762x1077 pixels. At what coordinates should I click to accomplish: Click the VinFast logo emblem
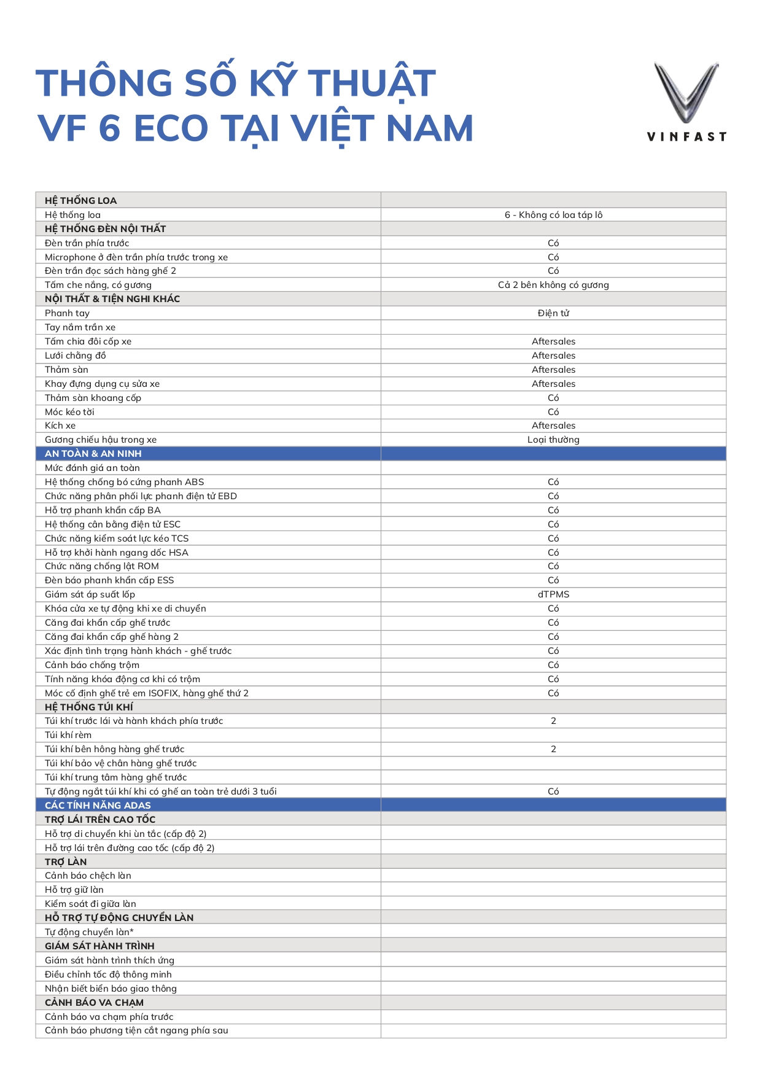[x=686, y=92]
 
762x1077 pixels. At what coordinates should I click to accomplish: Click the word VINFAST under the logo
[x=686, y=137]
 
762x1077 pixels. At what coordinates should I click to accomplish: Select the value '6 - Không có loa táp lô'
[x=553, y=215]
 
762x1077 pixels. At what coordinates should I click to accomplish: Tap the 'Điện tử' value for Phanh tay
[x=553, y=313]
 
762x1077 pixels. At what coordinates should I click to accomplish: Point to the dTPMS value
[x=553, y=594]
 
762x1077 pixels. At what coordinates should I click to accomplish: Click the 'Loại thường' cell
[x=553, y=440]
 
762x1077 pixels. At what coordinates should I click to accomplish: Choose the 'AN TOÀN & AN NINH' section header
[x=93, y=454]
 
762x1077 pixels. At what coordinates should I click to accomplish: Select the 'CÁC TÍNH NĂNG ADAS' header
[x=98, y=806]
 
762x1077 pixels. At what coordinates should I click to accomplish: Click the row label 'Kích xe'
[x=60, y=426]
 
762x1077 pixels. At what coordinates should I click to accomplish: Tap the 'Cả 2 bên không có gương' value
[x=553, y=285]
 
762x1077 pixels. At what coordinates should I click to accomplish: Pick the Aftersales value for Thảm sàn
[x=553, y=370]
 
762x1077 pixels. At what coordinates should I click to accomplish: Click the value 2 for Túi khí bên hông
[x=553, y=749]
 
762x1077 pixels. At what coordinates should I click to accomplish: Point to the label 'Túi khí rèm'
[x=68, y=735]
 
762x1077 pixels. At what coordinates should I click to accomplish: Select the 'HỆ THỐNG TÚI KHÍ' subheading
[x=88, y=707]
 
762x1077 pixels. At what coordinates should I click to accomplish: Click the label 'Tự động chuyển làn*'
[x=89, y=932]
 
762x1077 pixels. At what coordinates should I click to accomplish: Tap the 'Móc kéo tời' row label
[x=69, y=412]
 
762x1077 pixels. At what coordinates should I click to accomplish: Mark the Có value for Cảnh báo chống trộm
[x=553, y=665]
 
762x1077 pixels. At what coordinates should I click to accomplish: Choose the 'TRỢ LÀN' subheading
[x=66, y=862]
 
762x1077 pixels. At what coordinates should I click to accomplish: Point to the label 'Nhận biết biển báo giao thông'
[x=111, y=989]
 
